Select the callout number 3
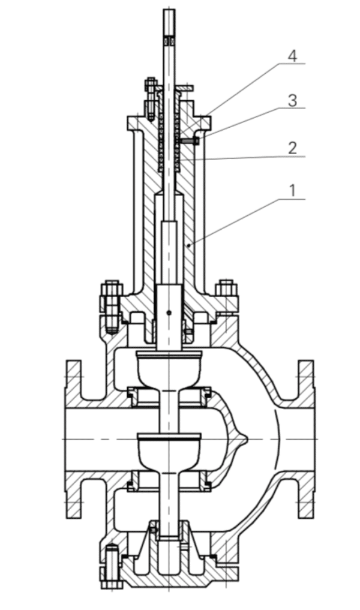tap(292, 101)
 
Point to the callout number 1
tap(292, 191)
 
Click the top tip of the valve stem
tap(169, 12)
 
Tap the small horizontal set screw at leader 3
tap(191, 141)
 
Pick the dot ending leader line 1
tap(188, 245)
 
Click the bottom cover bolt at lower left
tap(112, 567)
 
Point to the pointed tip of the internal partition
tap(245, 441)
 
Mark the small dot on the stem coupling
tap(169, 312)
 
